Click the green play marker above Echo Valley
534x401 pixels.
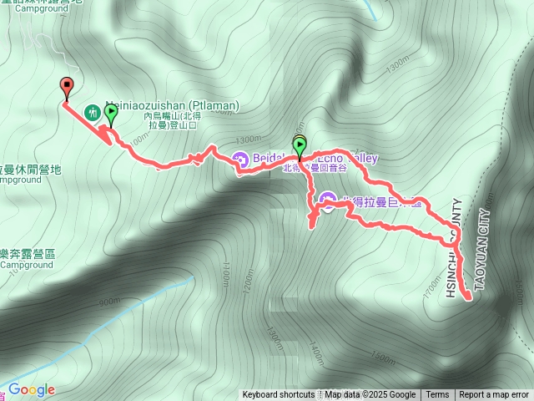(300, 147)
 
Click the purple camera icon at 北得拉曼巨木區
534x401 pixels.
(326, 200)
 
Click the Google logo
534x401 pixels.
(31, 389)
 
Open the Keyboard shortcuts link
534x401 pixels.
(278, 395)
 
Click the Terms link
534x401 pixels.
(437, 395)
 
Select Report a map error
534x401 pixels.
(494, 395)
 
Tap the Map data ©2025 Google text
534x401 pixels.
(370, 395)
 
